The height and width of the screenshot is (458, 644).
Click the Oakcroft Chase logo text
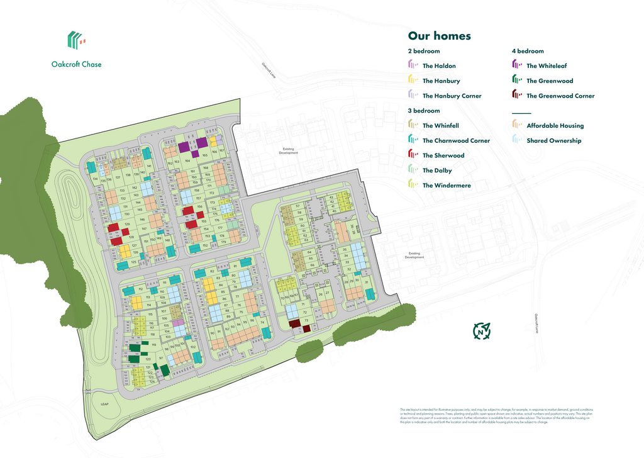(76, 64)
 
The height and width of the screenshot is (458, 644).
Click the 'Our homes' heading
(439, 36)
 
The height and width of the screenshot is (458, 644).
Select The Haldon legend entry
(438, 66)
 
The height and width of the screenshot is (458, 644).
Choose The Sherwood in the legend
(443, 155)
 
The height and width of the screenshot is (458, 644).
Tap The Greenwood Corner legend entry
(560, 96)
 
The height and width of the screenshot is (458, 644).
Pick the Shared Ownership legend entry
(553, 141)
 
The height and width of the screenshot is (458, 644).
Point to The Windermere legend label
(445, 186)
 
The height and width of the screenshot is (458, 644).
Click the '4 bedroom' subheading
(528, 51)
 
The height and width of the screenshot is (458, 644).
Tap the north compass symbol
(482, 330)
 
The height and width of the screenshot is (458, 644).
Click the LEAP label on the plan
(104, 404)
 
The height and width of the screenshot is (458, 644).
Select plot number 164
(187, 161)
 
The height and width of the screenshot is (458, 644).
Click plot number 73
(306, 320)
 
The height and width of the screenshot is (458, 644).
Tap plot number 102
(192, 347)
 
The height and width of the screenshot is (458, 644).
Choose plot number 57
(297, 206)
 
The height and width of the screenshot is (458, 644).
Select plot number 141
(149, 165)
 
